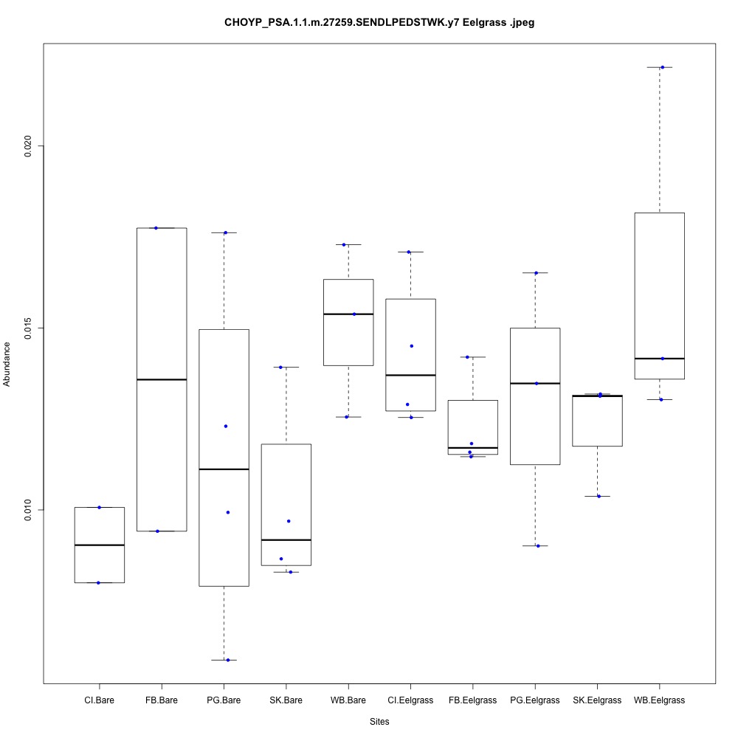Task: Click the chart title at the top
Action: coord(379,23)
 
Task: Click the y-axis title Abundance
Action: coord(8,364)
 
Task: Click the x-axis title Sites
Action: coord(379,721)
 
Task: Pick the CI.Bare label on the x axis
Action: coord(99,700)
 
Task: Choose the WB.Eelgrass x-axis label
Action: coord(660,700)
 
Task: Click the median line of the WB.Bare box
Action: coord(348,314)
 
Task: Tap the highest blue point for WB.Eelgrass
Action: coord(662,67)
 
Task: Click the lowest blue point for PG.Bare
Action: coord(227,660)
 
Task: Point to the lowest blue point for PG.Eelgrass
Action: coord(538,545)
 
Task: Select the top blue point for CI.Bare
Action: coord(99,507)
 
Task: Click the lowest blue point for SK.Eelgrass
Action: coord(599,496)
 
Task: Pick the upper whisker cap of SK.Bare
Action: coord(286,367)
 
